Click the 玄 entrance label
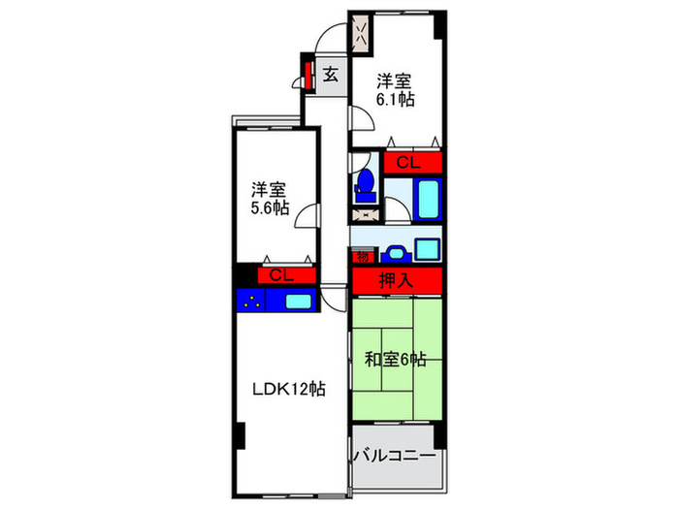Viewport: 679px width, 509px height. pos(331,74)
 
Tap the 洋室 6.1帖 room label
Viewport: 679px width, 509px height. pos(396,89)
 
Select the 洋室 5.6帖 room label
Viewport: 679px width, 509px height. pos(269,198)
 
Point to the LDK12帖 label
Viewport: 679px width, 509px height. pos(287,389)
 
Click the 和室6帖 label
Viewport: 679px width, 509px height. pos(396,360)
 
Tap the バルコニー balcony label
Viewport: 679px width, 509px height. pos(393,455)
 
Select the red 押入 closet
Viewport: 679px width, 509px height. pos(397,281)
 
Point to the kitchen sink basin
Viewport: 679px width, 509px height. pos(299,301)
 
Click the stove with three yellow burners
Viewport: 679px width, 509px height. pos(251,301)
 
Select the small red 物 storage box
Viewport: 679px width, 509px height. pos(361,256)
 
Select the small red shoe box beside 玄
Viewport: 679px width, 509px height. pos(307,74)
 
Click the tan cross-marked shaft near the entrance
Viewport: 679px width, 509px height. pos(361,37)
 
